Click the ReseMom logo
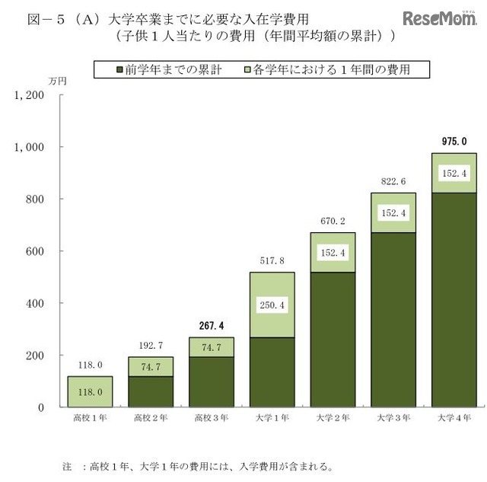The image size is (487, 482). click(440, 18)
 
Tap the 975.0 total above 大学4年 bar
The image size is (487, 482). click(454, 141)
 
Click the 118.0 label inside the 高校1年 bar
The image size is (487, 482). click(89, 391)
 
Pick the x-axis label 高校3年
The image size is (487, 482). click(211, 418)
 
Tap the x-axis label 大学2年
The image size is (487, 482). click(333, 418)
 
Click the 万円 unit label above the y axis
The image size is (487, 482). click(57, 80)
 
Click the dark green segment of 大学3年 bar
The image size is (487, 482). click(393, 320)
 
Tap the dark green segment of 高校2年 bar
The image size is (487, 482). click(150, 391)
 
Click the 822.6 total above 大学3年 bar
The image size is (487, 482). click(393, 180)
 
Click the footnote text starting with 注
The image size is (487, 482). click(198, 464)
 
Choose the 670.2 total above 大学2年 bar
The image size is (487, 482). click(333, 221)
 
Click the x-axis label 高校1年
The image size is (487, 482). click(89, 418)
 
